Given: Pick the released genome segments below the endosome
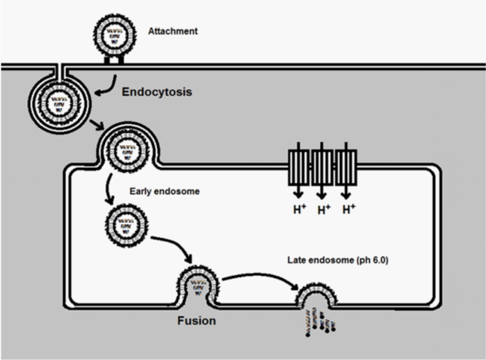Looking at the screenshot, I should point(320,327).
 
